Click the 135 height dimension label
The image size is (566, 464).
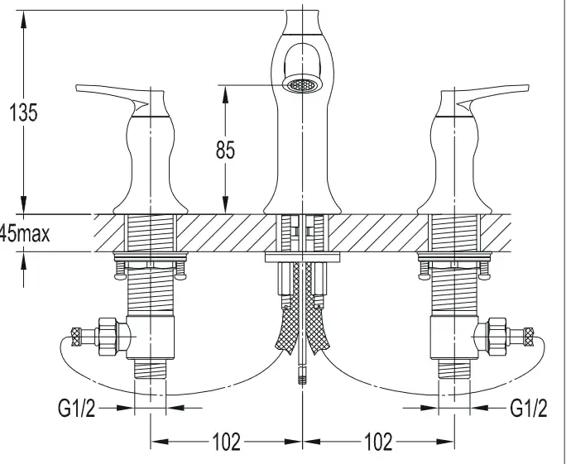click(23, 112)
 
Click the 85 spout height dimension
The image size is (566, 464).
click(225, 150)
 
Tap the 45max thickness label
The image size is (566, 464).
click(25, 233)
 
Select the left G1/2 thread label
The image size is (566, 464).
click(76, 408)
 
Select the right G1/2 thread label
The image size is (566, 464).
click(529, 408)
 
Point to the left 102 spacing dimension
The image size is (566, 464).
click(227, 442)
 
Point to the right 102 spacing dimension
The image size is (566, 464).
click(378, 442)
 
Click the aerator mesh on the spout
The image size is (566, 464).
click(303, 85)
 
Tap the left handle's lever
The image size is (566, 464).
click(112, 94)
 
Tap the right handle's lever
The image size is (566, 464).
click(493, 94)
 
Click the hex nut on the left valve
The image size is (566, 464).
click(108, 337)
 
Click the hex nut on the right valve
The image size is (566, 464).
click(497, 337)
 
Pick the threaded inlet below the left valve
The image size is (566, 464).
click(150, 369)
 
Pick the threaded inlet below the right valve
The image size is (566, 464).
click(454, 369)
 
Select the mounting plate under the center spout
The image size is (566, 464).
click(303, 257)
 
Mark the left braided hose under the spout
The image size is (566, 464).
click(289, 310)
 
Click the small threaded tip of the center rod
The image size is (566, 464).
click(302, 375)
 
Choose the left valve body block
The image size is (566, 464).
click(150, 337)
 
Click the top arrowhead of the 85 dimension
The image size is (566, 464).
click(225, 93)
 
